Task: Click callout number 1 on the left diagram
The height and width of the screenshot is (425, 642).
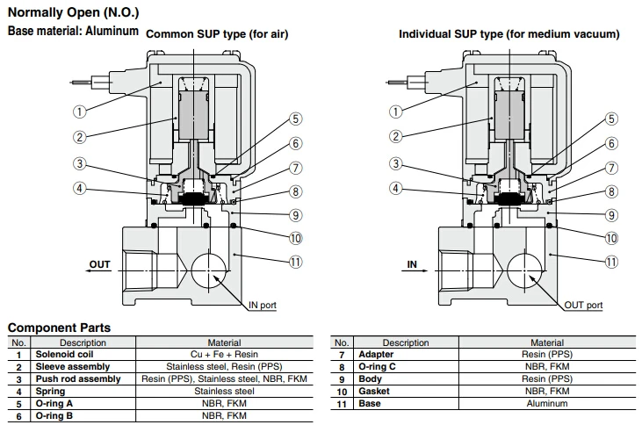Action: [79, 112]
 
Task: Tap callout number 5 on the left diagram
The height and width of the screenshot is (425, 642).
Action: [295, 119]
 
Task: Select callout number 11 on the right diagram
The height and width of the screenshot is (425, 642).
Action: [611, 261]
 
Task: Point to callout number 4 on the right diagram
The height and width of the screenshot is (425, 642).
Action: [395, 187]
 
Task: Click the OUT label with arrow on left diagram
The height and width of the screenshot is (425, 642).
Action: [99, 263]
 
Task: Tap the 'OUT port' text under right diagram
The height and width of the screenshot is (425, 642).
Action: [583, 305]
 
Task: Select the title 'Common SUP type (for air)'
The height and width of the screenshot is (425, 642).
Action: [216, 34]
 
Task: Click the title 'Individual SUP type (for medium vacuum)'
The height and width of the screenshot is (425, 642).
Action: [509, 34]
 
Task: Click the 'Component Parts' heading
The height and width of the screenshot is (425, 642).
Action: [59, 328]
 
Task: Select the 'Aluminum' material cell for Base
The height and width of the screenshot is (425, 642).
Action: [546, 403]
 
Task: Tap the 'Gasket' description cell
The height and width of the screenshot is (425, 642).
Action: [374, 391]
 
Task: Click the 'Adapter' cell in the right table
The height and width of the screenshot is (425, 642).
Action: [377, 354]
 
